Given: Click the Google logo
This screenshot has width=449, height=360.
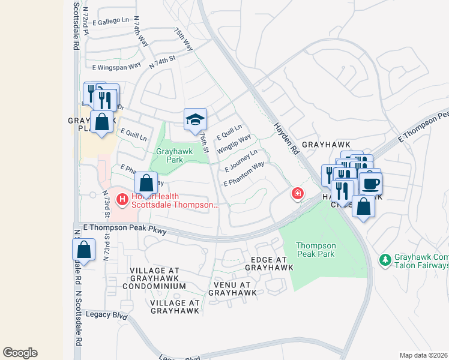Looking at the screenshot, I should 20,353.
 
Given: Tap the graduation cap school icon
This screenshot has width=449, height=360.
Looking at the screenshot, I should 195,119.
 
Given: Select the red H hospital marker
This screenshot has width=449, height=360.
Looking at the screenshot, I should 122,199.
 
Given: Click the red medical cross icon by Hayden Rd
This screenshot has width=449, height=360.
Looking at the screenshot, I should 297,193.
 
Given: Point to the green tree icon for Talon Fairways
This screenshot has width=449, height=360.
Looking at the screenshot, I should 385,260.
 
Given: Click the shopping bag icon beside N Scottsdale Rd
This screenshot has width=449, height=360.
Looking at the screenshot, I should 84,250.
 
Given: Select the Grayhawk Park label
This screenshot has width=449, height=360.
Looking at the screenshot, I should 174,156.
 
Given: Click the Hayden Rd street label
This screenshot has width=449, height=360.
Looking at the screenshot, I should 286,139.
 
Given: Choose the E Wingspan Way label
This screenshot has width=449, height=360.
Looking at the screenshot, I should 116,66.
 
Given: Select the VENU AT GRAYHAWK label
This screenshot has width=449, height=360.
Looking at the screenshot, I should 232,288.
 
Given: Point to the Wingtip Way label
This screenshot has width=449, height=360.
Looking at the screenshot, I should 234,145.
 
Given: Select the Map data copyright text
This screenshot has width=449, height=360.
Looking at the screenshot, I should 424,355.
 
